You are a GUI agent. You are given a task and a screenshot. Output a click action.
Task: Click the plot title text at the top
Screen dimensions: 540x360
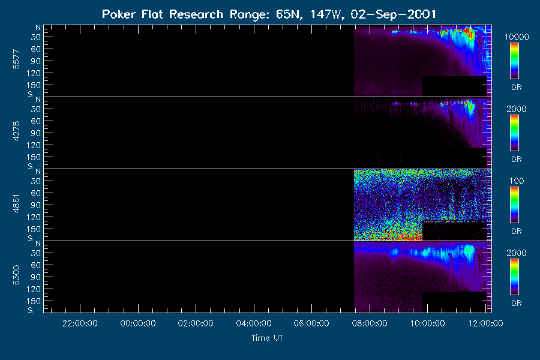pyautogui.click(x=269, y=14)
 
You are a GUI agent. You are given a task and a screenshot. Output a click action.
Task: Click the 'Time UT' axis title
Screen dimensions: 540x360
pyautogui.click(x=267, y=338)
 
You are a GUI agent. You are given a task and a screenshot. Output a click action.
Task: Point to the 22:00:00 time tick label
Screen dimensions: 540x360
pyautogui.click(x=80, y=323)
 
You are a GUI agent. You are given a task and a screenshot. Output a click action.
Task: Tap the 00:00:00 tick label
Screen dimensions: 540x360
pyautogui.click(x=138, y=323)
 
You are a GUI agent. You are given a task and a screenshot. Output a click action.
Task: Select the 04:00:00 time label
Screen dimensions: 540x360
pyautogui.click(x=254, y=323)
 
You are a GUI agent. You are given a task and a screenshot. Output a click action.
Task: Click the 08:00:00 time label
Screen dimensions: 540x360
pyautogui.click(x=370, y=323)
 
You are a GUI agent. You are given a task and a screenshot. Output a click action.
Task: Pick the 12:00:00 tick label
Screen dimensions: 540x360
pyautogui.click(x=485, y=323)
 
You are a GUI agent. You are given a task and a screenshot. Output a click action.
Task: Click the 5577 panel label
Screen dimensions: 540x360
pyautogui.click(x=16, y=59)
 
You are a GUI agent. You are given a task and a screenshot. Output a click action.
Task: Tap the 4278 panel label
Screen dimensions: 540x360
pyautogui.click(x=16, y=131)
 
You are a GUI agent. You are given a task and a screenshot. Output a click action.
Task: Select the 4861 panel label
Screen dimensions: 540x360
pyautogui.click(x=16, y=203)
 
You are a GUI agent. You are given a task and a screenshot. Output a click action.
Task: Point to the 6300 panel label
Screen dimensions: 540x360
pyautogui.click(x=16, y=275)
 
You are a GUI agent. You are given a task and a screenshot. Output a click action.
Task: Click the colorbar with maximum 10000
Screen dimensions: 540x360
pyautogui.click(x=515, y=61)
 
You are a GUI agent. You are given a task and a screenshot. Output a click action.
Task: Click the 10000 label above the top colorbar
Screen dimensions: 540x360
pyautogui.click(x=517, y=37)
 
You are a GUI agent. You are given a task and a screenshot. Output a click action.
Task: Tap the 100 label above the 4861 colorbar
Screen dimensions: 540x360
pyautogui.click(x=517, y=181)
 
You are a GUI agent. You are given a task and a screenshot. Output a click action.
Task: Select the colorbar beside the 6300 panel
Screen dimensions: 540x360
pyautogui.click(x=515, y=277)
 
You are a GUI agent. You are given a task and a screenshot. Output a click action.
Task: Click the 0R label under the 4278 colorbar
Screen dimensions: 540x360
pyautogui.click(x=516, y=159)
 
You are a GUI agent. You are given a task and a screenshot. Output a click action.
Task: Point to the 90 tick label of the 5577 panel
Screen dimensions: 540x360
pyautogui.click(x=36, y=61)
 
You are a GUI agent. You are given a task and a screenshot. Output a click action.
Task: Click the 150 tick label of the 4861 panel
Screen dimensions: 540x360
pyautogui.click(x=34, y=229)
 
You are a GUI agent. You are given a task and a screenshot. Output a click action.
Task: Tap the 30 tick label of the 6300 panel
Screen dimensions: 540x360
pyautogui.click(x=36, y=253)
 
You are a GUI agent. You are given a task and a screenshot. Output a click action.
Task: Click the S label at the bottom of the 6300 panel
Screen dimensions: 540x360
pyautogui.click(x=31, y=310)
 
